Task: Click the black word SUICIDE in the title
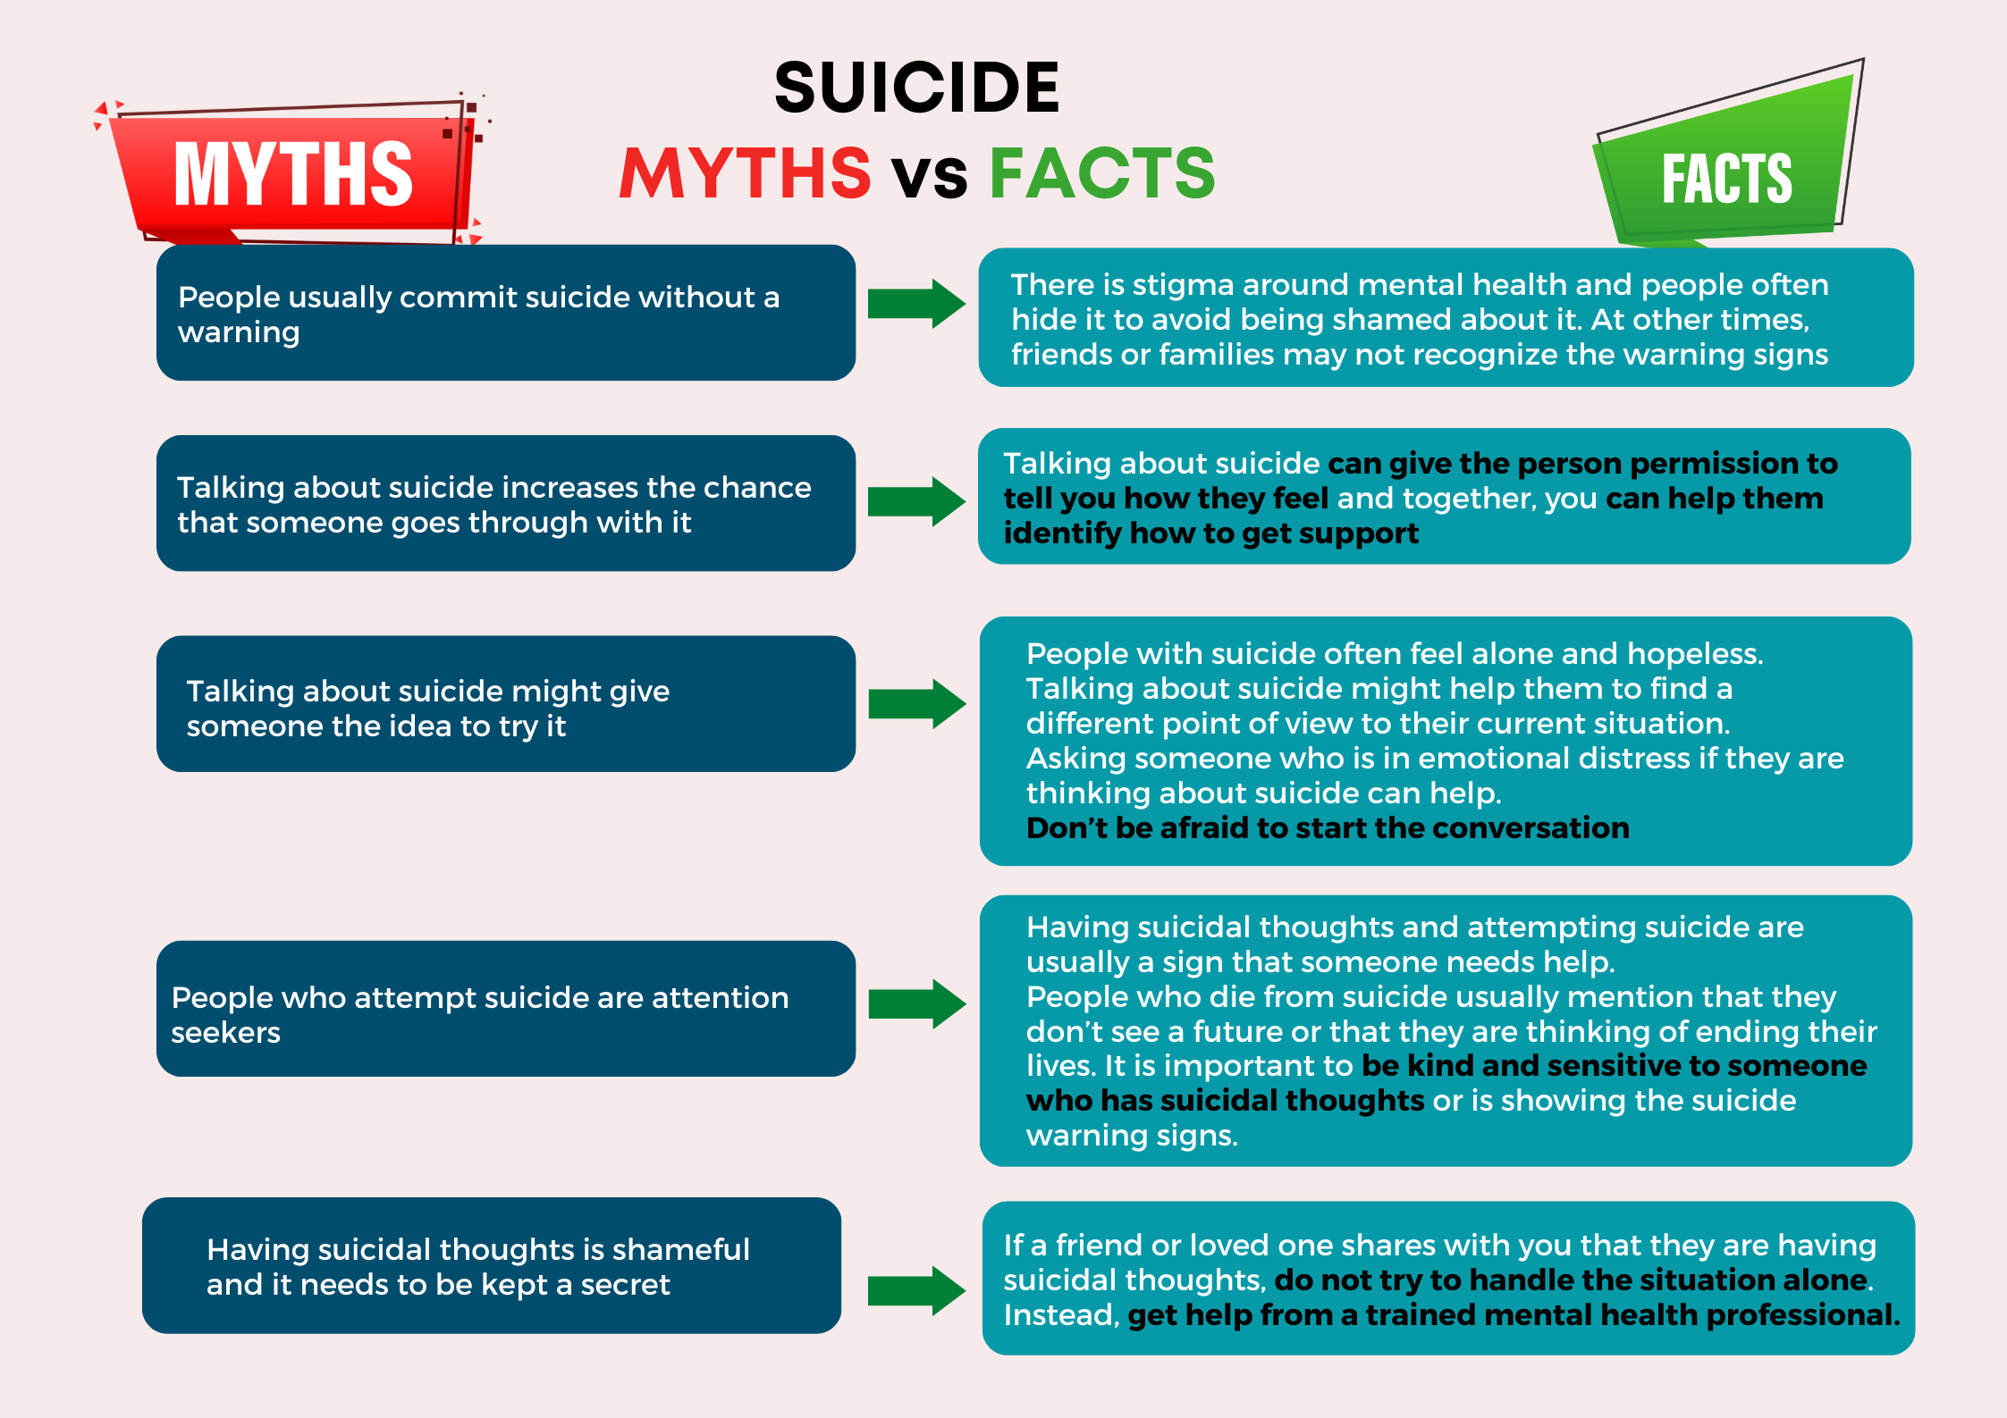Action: [x=916, y=88]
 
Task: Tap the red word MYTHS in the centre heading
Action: [x=745, y=172]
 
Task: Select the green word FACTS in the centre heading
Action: [x=1101, y=172]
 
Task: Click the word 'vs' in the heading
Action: [x=930, y=175]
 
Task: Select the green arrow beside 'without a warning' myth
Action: [x=915, y=304]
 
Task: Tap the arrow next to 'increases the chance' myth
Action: [x=915, y=501]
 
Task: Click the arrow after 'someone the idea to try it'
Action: [x=915, y=704]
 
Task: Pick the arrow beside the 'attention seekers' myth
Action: [x=915, y=1003]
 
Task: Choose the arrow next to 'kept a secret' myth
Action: [x=915, y=1290]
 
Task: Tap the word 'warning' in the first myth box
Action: [x=239, y=332]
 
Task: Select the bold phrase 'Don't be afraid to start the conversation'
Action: [x=1327, y=828]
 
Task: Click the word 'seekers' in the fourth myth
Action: [x=225, y=1033]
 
